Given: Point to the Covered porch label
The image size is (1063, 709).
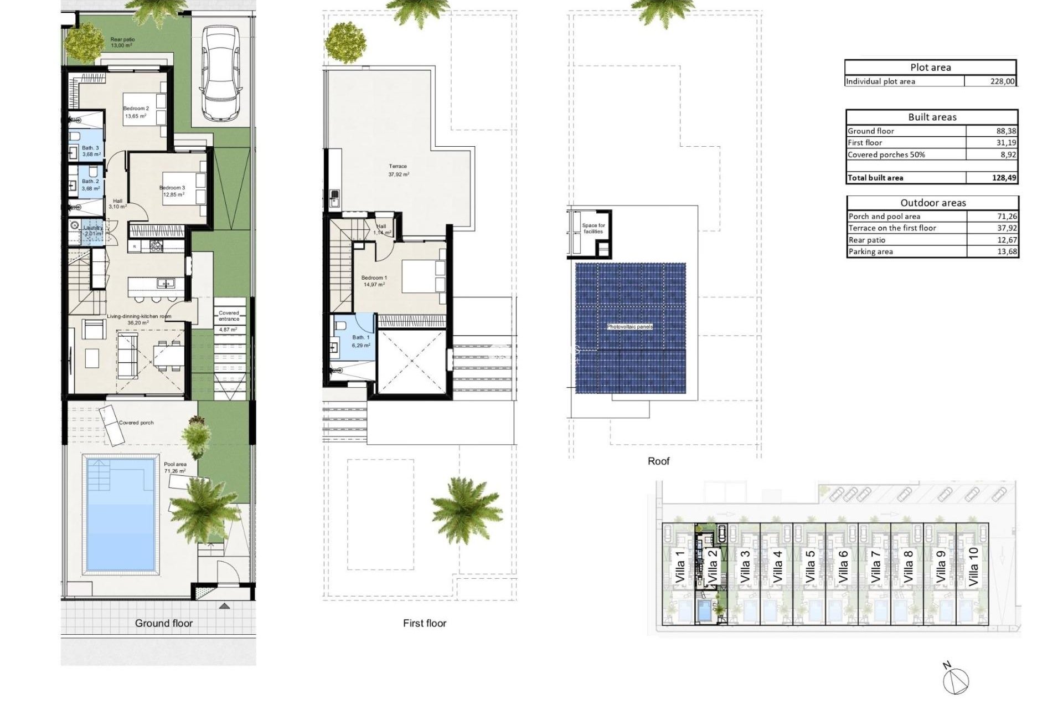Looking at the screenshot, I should pyautogui.click(x=136, y=423).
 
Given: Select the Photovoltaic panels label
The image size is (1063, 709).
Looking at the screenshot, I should pyautogui.click(x=630, y=327).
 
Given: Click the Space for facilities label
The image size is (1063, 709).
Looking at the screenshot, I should pyautogui.click(x=593, y=228).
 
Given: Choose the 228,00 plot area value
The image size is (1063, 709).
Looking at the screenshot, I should pyautogui.click(x=1002, y=81).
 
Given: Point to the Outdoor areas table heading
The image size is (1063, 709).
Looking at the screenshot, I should pyautogui.click(x=932, y=203).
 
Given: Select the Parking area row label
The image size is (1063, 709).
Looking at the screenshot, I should pyautogui.click(x=870, y=252).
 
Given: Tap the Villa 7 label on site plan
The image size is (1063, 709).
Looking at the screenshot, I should pyautogui.click(x=875, y=567).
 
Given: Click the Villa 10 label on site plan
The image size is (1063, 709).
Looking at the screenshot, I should pyautogui.click(x=973, y=567).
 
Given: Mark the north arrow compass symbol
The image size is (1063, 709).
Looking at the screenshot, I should pyautogui.click(x=957, y=680).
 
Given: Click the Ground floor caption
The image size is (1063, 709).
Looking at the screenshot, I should pyautogui.click(x=164, y=623).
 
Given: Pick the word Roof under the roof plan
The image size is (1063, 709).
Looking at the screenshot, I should pyautogui.click(x=658, y=461).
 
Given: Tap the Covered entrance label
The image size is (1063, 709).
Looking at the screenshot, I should pyautogui.click(x=229, y=316).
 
